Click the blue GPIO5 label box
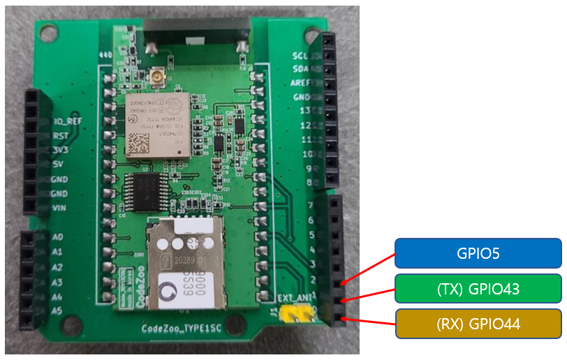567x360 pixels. tap(478, 253)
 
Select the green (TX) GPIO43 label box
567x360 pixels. tap(478, 288)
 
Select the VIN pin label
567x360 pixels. tap(61, 208)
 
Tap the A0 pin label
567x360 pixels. tap(58, 237)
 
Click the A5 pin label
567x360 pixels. tap(58, 310)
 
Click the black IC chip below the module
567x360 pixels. tap(147, 190)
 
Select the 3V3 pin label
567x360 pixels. tap(61, 149)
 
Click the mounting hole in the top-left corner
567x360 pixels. tap(47, 31)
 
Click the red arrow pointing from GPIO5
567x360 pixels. tap(368, 269)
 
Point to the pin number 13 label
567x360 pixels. tap(305, 111)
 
